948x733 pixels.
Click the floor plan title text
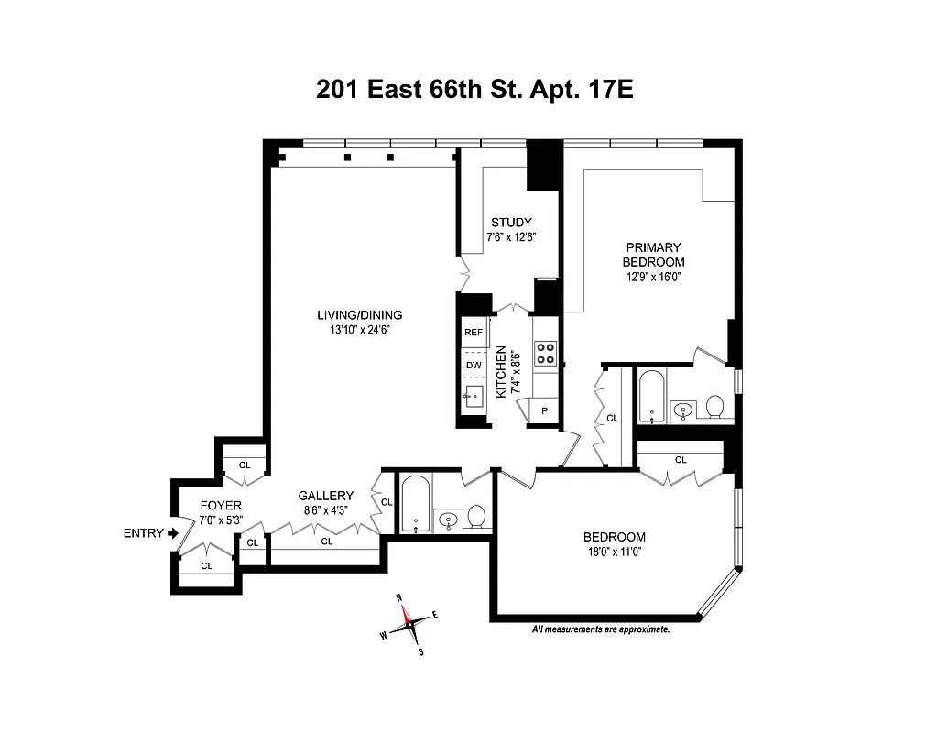(x=474, y=90)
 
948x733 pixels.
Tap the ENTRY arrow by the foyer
(x=172, y=533)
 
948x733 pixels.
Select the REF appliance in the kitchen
(x=473, y=333)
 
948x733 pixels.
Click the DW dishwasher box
(x=473, y=365)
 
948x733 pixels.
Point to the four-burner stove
(x=546, y=353)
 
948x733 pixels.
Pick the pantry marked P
(x=544, y=411)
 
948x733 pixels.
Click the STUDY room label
(x=510, y=223)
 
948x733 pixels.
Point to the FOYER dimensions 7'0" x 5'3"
(x=220, y=520)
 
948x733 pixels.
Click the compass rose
(x=409, y=626)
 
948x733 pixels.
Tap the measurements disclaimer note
(x=601, y=629)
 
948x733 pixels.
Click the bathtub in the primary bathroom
(x=652, y=396)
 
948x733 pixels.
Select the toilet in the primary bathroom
(x=715, y=406)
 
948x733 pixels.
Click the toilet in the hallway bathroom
(x=476, y=518)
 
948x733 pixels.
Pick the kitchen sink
(x=473, y=398)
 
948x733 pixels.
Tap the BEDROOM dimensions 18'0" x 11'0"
(x=615, y=552)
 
